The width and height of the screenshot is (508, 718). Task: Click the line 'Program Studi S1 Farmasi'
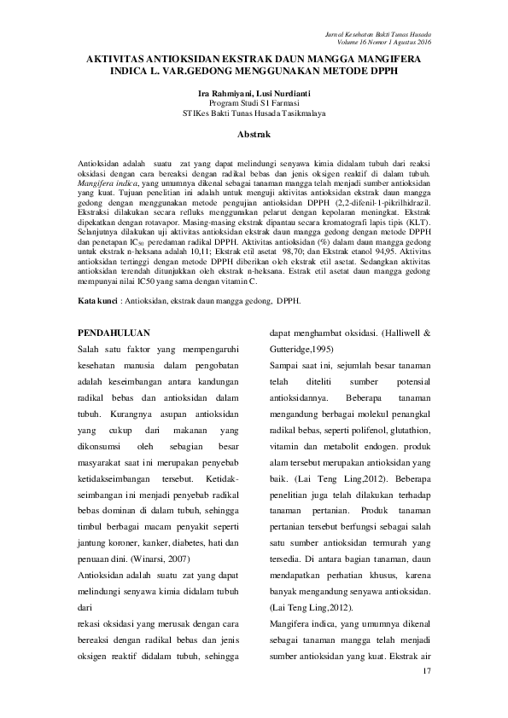pyautogui.click(x=254, y=101)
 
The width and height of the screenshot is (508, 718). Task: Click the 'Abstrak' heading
pyautogui.click(x=254, y=135)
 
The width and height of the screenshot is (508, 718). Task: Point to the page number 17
pyautogui.click(x=428, y=674)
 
